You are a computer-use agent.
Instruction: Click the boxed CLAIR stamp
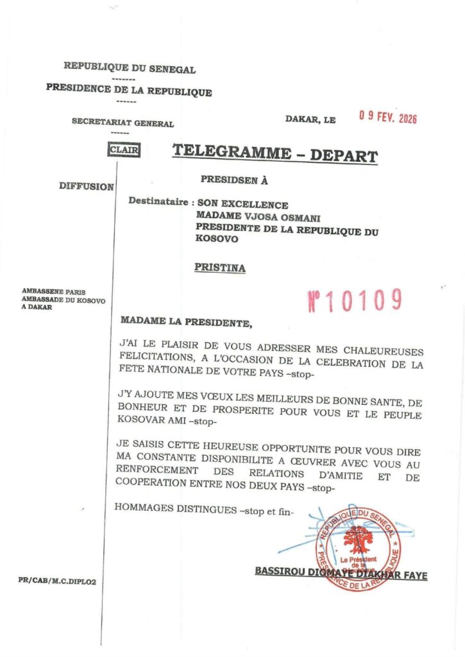124,150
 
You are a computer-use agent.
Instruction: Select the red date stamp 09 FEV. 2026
387,117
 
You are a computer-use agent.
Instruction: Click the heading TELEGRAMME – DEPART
275,154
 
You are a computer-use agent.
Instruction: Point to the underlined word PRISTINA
220,268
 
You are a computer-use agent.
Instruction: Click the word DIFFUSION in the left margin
87,187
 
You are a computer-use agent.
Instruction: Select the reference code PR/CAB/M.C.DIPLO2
62,581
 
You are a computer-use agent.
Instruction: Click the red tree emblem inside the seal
358,540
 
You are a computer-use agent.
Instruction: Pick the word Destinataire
158,201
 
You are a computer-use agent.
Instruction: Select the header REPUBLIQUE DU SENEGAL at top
130,69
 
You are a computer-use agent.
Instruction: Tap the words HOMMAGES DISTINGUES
172,508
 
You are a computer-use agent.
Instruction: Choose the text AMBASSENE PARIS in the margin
54,291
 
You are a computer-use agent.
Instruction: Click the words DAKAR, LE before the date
310,119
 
